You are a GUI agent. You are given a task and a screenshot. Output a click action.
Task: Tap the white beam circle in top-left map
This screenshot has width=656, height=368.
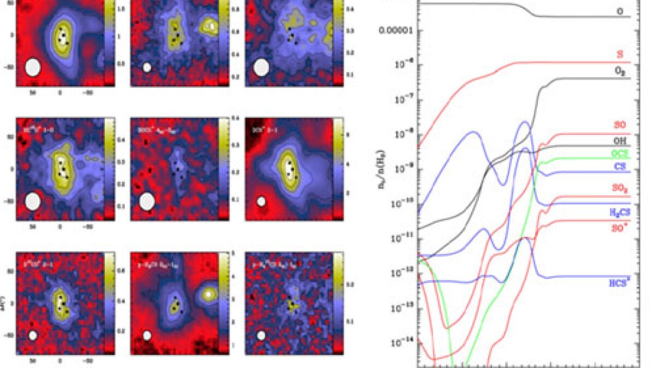point(33,67)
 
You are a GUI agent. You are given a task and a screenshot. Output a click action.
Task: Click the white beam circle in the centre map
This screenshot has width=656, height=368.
point(147,201)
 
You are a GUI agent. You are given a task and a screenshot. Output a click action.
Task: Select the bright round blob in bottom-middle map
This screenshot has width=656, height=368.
point(208,294)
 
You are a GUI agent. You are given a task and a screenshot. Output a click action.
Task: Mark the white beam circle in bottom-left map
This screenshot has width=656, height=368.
point(33,335)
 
